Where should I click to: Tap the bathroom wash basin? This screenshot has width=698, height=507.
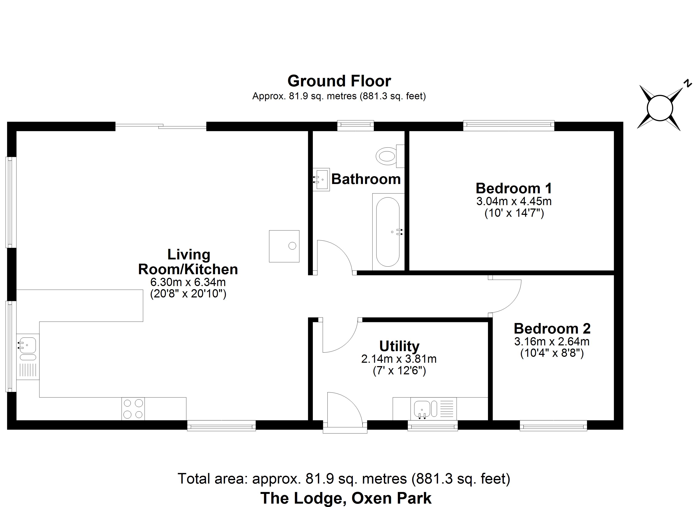tap(321, 179)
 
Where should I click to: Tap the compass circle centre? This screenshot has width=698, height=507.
tap(660, 108)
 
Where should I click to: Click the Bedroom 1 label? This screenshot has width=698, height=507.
tap(514, 188)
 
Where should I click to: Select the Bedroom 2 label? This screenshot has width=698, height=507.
tap(552, 329)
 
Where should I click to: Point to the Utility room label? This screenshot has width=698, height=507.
tap(399, 346)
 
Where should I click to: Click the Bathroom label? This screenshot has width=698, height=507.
tap(366, 179)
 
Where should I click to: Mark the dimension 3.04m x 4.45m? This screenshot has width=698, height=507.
tap(514, 201)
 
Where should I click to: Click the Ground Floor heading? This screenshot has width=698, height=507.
tap(339, 81)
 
